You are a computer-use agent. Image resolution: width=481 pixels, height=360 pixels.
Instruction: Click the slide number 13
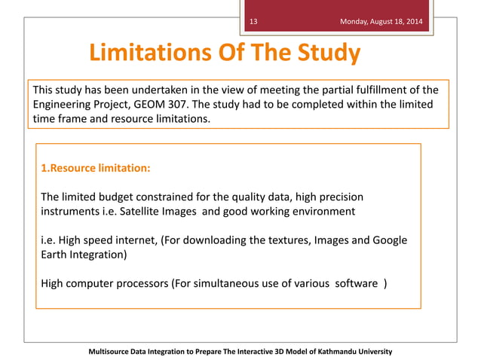(x=253, y=21)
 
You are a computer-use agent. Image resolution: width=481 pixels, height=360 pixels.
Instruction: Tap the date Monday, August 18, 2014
(x=381, y=21)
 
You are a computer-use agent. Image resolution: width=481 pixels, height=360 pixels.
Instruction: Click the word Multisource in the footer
(x=113, y=352)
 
